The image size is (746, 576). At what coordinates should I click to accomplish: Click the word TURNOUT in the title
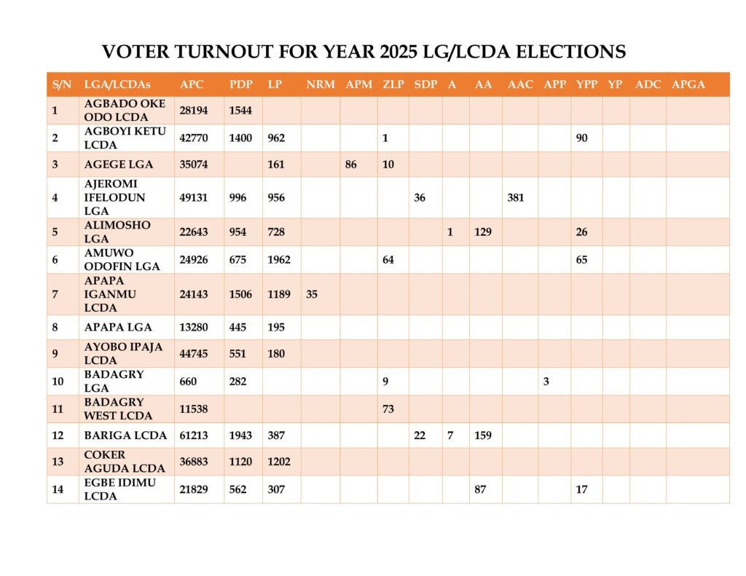tap(224, 52)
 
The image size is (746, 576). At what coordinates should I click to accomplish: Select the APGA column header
tap(688, 84)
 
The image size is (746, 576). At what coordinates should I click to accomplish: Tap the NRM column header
tap(321, 84)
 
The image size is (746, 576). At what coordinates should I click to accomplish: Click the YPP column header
tap(586, 84)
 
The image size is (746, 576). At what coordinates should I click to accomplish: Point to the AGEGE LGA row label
tap(119, 165)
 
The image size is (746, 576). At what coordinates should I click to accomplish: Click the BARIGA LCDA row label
tap(125, 435)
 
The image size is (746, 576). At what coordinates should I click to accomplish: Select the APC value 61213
tap(194, 435)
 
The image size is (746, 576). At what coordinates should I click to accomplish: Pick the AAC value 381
tap(516, 198)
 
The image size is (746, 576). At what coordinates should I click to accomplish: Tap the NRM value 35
tap(312, 294)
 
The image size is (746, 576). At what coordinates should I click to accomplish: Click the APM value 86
tap(350, 165)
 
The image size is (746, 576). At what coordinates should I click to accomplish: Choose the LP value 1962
tap(279, 260)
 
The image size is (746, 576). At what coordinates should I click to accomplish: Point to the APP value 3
tap(546, 382)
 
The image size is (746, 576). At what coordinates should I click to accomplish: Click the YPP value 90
tap(581, 138)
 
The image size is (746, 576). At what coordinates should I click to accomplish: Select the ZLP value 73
tap(388, 409)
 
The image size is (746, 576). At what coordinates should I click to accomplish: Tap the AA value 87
tap(480, 489)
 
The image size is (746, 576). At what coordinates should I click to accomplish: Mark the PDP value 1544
tap(240, 111)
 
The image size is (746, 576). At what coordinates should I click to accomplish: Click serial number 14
tap(58, 489)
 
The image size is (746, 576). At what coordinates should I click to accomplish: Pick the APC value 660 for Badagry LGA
tap(188, 382)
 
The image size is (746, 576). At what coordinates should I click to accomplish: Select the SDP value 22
tap(420, 435)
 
